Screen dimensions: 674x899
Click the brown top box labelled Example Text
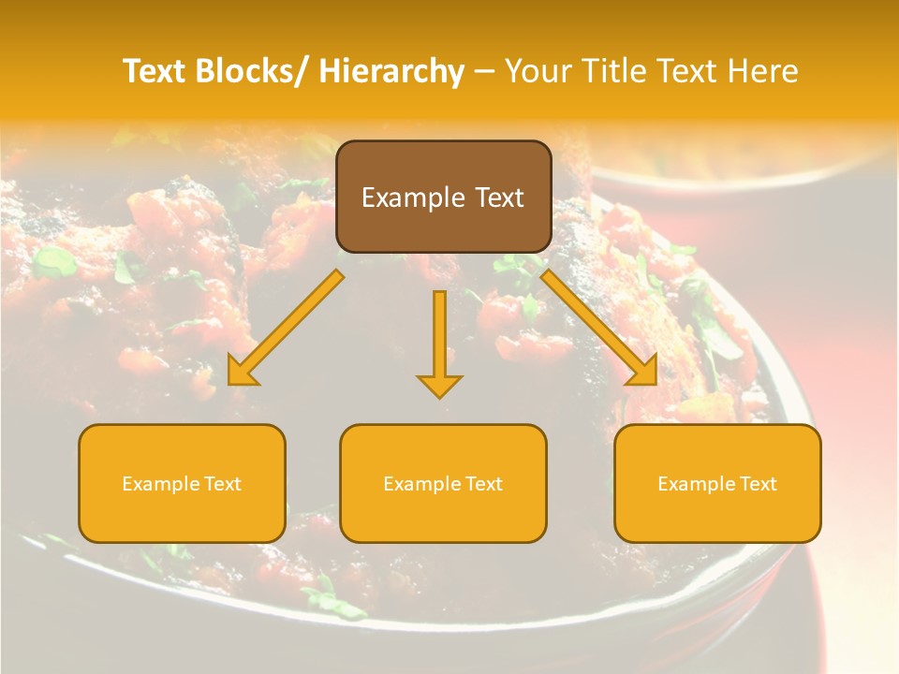pyautogui.click(x=443, y=197)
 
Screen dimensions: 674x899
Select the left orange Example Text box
pyautogui.click(x=182, y=483)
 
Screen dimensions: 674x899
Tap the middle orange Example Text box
pyautogui.click(x=443, y=483)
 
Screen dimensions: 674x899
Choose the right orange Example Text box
pyautogui.click(x=717, y=483)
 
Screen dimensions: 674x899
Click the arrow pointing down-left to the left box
pyautogui.click(x=287, y=328)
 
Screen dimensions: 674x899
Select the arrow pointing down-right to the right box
pyautogui.click(x=599, y=328)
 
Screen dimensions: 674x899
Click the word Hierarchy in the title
pyautogui.click(x=391, y=71)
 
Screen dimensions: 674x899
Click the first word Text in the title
pyautogui.click(x=157, y=71)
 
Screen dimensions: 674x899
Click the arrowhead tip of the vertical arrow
pyautogui.click(x=439, y=394)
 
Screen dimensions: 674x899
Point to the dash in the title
pyautogui.click(x=484, y=71)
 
